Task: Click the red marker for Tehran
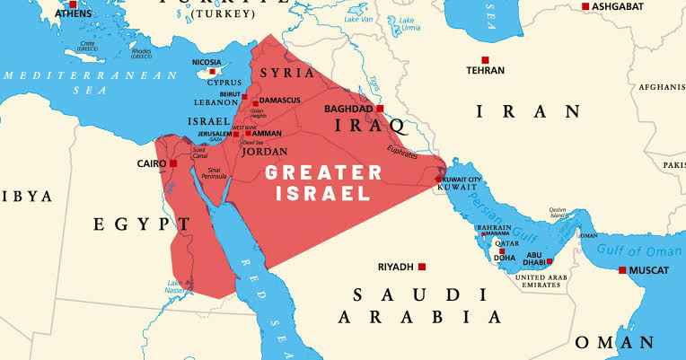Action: click(x=485, y=60)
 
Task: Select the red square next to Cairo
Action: click(x=173, y=163)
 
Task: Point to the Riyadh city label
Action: click(x=395, y=267)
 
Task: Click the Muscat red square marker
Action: click(x=622, y=270)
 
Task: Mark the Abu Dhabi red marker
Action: click(x=550, y=261)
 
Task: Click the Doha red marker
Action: click(x=502, y=251)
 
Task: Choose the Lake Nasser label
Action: click(x=175, y=286)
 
